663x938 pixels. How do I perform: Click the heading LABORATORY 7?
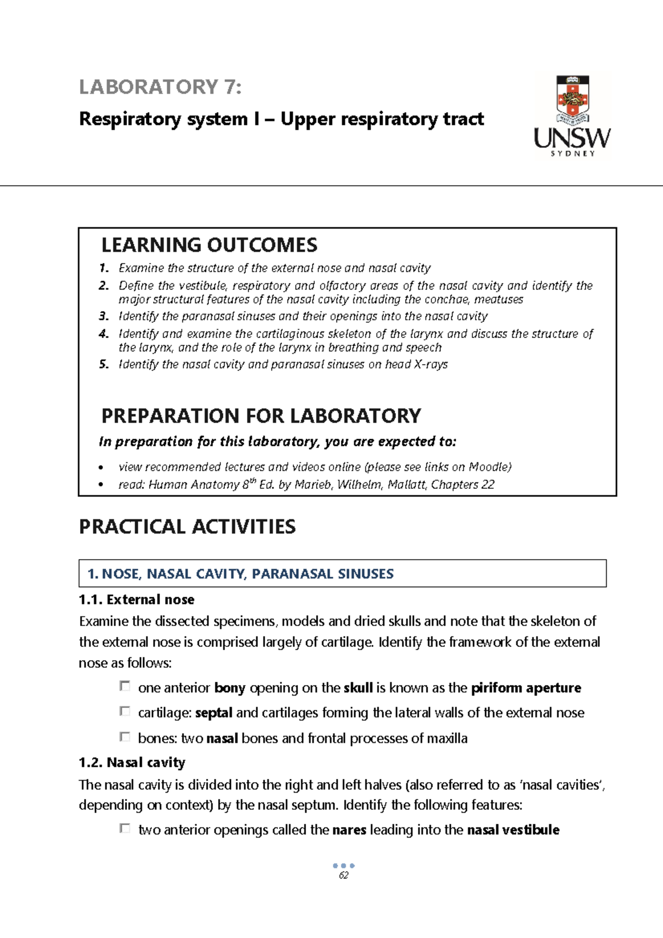[x=160, y=87]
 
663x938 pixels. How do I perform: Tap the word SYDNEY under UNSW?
[x=572, y=154]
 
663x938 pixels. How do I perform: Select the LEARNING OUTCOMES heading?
[x=209, y=245]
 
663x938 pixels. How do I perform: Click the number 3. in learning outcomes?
[x=104, y=317]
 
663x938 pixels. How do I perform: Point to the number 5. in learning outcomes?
[x=104, y=365]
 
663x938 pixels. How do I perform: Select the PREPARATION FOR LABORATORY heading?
[x=261, y=416]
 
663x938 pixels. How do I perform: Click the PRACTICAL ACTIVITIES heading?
[x=187, y=527]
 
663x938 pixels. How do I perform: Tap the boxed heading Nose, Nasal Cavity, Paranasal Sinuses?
[x=240, y=574]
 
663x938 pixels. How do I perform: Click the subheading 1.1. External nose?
[x=136, y=600]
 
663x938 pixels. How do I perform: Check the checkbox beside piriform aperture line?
[x=125, y=686]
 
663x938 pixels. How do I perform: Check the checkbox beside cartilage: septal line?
[x=125, y=712]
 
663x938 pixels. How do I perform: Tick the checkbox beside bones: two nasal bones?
[x=125, y=737]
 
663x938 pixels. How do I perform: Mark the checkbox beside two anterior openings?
[x=125, y=829]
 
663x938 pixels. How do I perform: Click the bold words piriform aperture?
[x=525, y=688]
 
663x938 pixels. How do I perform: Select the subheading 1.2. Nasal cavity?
[x=131, y=763]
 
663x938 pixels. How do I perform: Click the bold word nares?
[x=349, y=830]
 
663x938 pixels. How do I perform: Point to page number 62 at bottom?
[x=344, y=876]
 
